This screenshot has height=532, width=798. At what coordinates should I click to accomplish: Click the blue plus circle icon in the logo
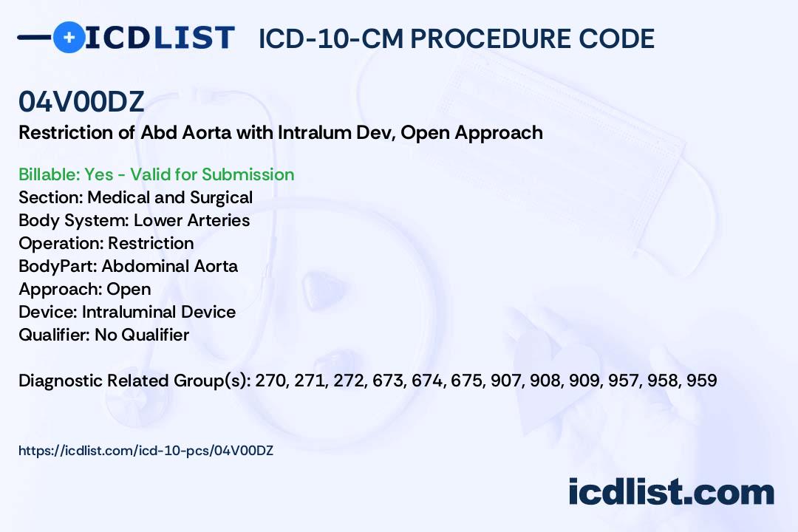click(x=69, y=38)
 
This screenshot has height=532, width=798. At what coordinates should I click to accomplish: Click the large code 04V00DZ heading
click(x=81, y=102)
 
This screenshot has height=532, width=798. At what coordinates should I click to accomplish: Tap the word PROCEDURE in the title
click(x=488, y=38)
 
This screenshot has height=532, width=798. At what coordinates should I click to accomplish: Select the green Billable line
click(x=156, y=174)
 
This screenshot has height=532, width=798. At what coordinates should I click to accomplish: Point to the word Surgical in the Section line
click(x=221, y=197)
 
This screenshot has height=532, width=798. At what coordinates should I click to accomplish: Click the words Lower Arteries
click(x=192, y=220)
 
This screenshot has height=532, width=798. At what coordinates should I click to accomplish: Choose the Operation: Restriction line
click(x=106, y=243)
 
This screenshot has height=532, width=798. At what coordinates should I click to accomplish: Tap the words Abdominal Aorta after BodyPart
click(x=169, y=266)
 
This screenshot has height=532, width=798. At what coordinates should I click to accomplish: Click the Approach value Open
click(x=129, y=289)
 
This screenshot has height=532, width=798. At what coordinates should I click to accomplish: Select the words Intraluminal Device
click(x=159, y=312)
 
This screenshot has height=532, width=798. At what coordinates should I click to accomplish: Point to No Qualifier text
click(x=142, y=335)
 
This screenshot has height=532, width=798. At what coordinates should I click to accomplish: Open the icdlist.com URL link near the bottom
click(x=146, y=451)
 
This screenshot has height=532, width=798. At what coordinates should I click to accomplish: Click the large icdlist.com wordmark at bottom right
click(x=671, y=492)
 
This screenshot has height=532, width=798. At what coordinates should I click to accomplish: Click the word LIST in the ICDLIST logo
click(x=194, y=38)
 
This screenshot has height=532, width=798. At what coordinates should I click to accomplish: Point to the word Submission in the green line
click(x=248, y=174)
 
